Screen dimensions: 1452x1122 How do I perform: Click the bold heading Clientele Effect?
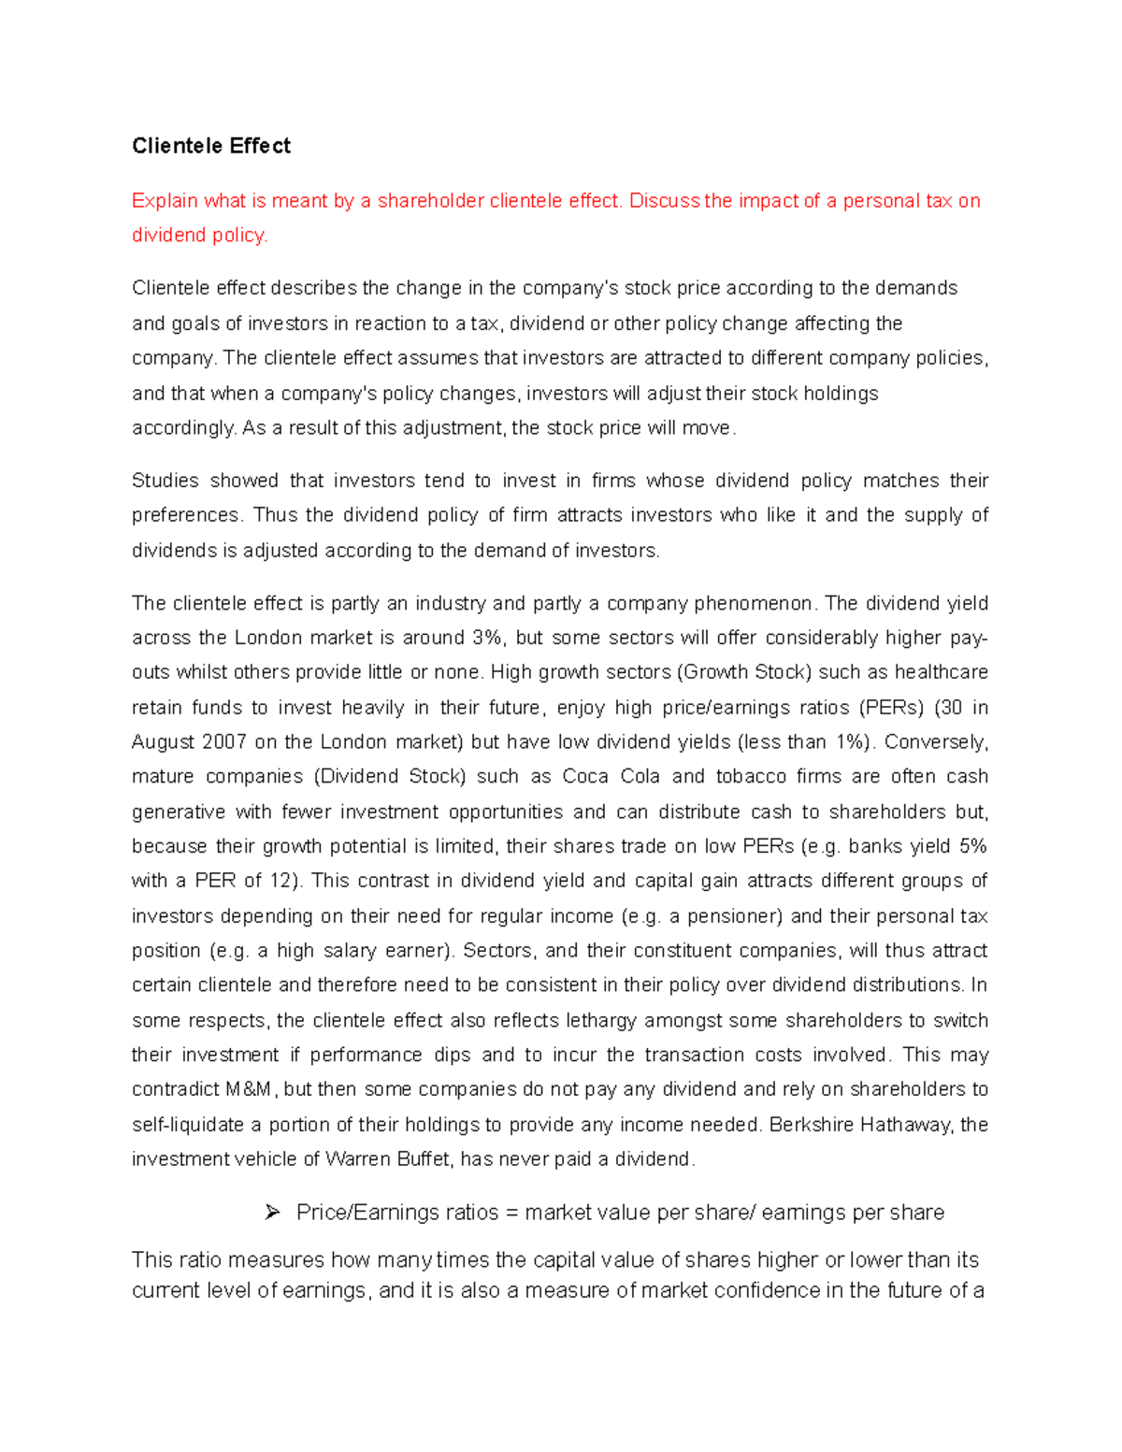click(210, 146)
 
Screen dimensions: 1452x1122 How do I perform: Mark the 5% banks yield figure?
click(972, 846)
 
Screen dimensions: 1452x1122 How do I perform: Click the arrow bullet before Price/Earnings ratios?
click(272, 1213)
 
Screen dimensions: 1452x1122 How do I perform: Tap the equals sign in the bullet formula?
click(511, 1213)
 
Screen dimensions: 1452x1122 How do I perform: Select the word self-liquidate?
click(187, 1125)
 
